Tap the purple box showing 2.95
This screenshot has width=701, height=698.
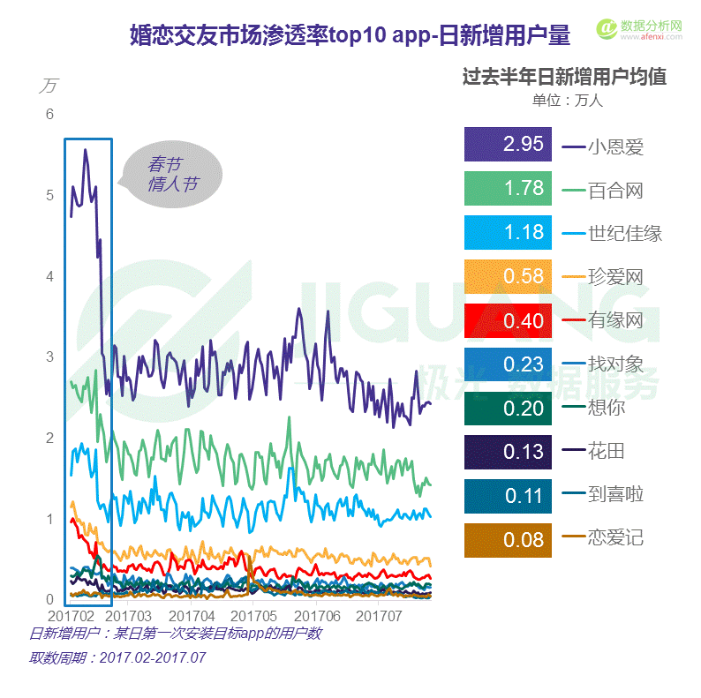point(507,145)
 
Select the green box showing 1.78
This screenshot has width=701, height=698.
point(507,189)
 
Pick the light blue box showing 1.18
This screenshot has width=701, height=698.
point(507,233)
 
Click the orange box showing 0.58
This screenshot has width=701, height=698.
point(507,276)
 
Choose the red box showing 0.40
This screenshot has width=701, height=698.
point(507,320)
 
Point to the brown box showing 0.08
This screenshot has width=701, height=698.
point(507,538)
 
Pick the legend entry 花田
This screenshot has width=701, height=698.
point(607,451)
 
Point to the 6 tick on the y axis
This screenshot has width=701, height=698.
point(50,114)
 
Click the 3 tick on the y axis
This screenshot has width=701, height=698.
point(50,357)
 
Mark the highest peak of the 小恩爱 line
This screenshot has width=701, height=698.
point(85,150)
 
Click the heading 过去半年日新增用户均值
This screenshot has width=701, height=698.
point(564,77)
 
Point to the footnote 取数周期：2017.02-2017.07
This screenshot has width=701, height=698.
point(117,657)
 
